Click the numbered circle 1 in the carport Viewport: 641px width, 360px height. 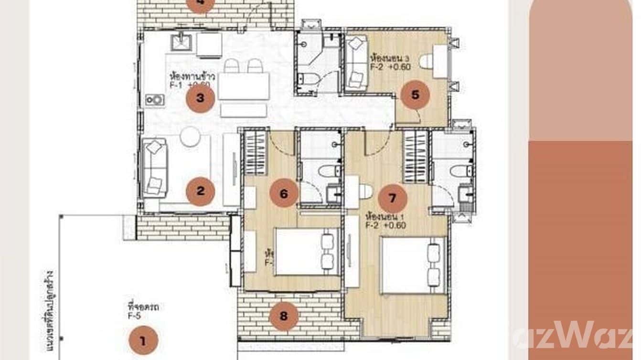pos(143,340)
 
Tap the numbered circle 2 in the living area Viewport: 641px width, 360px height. pos(200,191)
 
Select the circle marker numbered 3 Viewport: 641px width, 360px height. pos(200,98)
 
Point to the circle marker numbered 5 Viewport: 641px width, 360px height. pos(415,95)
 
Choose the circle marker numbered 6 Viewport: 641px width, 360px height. pos(284,193)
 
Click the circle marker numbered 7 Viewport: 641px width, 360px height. pos(392,198)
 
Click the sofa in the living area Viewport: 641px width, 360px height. pos(155,167)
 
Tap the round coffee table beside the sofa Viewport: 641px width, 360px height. pos(190,137)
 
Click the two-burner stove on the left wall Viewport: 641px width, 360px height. pos(155,99)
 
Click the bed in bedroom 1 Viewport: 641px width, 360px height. pos(413,265)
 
